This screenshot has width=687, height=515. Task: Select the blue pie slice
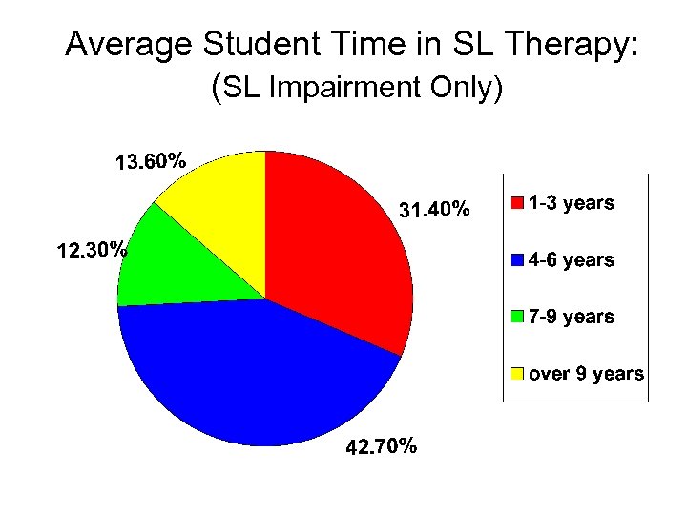pos(258,372)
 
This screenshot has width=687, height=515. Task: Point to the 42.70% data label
pos(380,447)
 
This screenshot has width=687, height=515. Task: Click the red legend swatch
pos(517,203)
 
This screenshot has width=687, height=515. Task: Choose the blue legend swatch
pos(517,260)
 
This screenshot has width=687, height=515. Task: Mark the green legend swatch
pos(517,317)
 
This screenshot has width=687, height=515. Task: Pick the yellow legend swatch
pos(517,374)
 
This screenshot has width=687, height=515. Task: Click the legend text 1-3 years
pos(572,203)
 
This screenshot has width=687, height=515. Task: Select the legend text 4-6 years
pos(572,260)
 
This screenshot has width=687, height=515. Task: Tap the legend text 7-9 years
pos(572,317)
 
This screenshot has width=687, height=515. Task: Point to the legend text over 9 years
pos(586,374)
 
